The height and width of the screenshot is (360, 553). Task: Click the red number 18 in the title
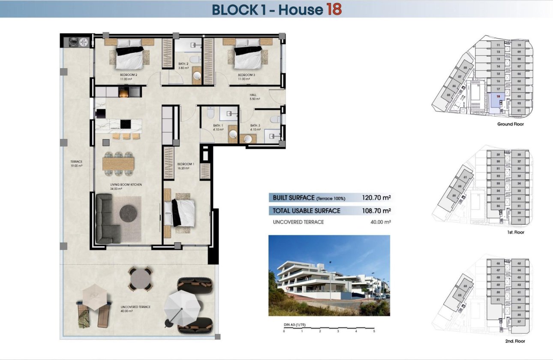334,9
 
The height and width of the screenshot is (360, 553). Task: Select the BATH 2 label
183,64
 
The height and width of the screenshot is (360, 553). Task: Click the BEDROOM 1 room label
186,164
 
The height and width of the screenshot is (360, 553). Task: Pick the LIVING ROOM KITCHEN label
126,185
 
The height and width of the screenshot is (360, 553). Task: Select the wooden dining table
118,163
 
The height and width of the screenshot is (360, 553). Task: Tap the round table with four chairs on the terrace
141,279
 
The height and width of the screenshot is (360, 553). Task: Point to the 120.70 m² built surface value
376,198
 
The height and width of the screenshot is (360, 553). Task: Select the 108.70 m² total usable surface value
376,211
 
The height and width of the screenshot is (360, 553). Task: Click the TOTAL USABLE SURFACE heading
307,211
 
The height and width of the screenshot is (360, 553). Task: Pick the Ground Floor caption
510,124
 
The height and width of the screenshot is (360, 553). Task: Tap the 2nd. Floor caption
510,341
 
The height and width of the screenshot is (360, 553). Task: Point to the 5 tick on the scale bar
374,331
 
